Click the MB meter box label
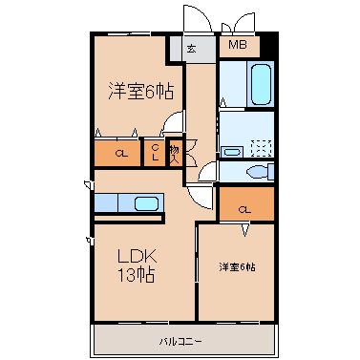click(x=238, y=45)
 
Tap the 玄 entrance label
click(x=191, y=49)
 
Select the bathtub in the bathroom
click(x=262, y=84)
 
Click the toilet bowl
click(x=257, y=172)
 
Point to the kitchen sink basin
click(x=146, y=203)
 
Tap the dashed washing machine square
click(x=261, y=148)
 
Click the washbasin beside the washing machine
click(x=232, y=152)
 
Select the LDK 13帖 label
click(x=137, y=265)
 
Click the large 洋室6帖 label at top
click(x=141, y=92)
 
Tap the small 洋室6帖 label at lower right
click(x=237, y=267)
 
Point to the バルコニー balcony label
click(x=180, y=342)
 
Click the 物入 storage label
click(x=175, y=155)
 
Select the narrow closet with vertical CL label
click(x=155, y=153)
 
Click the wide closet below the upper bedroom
click(x=117, y=153)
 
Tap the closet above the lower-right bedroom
click(x=246, y=203)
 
